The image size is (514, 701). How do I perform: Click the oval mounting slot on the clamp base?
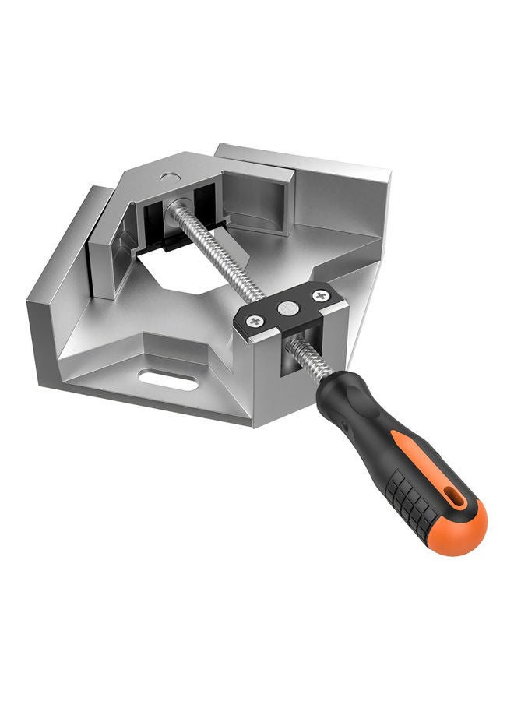(167, 381)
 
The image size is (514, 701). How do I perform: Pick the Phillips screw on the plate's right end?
(319, 296)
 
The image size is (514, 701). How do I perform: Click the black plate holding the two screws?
(289, 311)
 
